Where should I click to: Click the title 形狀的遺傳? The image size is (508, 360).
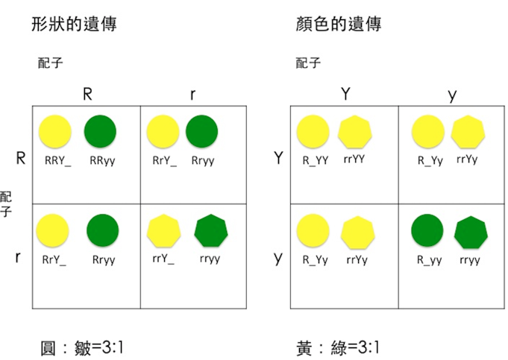[x=74, y=25]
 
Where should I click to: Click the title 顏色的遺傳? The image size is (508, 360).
[x=338, y=25]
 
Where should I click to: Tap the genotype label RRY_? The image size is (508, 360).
[x=57, y=160]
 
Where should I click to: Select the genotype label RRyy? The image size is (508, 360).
[x=102, y=160]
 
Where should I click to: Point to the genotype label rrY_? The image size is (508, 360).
[x=163, y=259]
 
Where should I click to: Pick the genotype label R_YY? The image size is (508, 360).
[x=316, y=160]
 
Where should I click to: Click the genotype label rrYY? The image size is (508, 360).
[x=354, y=160]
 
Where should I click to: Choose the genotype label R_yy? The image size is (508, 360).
[x=429, y=260]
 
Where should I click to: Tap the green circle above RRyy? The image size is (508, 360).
[x=100, y=131]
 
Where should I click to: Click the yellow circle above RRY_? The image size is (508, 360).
[x=55, y=131]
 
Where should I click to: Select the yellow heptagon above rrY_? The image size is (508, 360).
[x=164, y=230]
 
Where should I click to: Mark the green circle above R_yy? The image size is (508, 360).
[x=427, y=230]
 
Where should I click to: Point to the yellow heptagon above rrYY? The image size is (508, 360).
[x=355, y=132]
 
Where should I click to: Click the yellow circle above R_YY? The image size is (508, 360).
[x=313, y=131]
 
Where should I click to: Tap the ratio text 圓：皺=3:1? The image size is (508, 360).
[x=81, y=348]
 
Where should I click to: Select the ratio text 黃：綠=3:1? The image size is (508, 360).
[x=338, y=348]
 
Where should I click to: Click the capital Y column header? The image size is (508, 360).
[x=345, y=94]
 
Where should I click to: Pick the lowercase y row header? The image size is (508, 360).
[x=278, y=258]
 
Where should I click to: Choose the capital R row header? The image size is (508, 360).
[x=21, y=158]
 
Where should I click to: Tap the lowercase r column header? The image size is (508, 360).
[x=192, y=95]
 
